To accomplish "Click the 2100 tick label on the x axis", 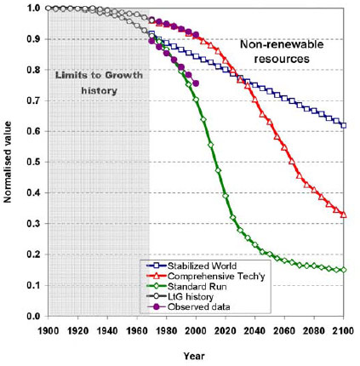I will click(x=344, y=329).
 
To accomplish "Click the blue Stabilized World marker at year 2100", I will click(x=344, y=125).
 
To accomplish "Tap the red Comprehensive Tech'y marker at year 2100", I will click(x=344, y=214).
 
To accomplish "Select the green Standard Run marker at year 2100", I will click(x=344, y=270).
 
